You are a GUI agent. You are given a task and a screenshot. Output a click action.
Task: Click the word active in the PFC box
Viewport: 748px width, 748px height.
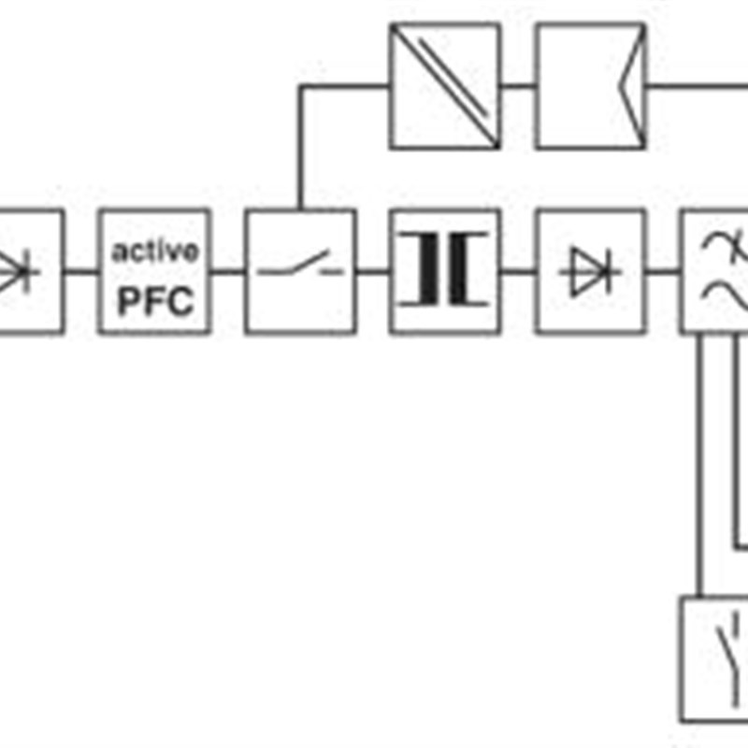pyautogui.click(x=155, y=251)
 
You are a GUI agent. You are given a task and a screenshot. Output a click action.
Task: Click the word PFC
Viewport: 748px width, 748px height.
pyautogui.click(x=155, y=301)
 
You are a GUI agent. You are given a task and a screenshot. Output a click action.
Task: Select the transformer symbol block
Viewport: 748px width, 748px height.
pyautogui.click(x=445, y=271)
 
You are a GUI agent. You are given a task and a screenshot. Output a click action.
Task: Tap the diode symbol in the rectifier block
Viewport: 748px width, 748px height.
pyautogui.click(x=591, y=272)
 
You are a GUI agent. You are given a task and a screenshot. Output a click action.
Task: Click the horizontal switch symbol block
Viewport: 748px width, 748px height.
pyautogui.click(x=300, y=271)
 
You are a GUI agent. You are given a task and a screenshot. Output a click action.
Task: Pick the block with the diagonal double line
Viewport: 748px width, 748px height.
pyautogui.click(x=445, y=86)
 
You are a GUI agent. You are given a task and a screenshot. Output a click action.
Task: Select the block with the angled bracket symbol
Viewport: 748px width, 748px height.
pyautogui.click(x=591, y=86)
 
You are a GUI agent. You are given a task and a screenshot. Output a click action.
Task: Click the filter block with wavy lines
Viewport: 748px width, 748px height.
pyautogui.click(x=714, y=271)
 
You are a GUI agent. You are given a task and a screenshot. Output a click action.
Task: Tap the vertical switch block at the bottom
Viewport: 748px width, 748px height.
pyautogui.click(x=714, y=659)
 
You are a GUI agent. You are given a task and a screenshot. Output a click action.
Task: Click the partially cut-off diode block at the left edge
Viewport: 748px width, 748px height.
pyautogui.click(x=31, y=271)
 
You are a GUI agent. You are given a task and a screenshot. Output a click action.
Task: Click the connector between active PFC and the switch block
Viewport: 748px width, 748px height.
pyautogui.click(x=227, y=272)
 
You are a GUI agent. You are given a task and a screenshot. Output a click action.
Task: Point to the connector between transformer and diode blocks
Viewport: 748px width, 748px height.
pyautogui.click(x=519, y=272)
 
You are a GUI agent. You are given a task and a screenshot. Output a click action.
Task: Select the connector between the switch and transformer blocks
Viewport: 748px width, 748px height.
pyautogui.click(x=373, y=272)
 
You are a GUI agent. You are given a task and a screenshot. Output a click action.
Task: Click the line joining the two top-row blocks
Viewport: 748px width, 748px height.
pyautogui.click(x=518, y=86)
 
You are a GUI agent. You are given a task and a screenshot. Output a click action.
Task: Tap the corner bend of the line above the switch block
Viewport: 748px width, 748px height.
pyautogui.click(x=300, y=86)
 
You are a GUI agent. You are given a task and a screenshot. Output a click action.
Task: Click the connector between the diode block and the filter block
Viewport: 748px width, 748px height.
pyautogui.click(x=664, y=272)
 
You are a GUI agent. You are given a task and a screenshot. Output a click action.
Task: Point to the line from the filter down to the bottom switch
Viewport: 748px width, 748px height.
pyautogui.click(x=699, y=465)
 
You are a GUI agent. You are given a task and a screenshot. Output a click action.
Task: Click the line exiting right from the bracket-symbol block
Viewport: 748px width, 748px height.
pyautogui.click(x=697, y=86)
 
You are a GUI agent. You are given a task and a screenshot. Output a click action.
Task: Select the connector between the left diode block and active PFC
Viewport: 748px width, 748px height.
pyautogui.click(x=81, y=272)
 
